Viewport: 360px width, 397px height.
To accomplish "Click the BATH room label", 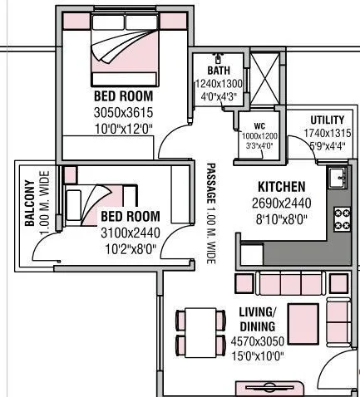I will (x=219, y=71).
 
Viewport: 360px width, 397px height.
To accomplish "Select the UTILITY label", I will (x=327, y=120).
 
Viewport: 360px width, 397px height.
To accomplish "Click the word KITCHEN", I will (x=281, y=187).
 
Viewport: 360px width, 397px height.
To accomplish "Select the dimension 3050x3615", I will (x=123, y=113).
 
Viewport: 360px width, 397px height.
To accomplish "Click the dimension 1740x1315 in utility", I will (x=327, y=133).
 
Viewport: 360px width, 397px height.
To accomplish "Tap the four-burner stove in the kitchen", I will (x=341, y=218).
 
